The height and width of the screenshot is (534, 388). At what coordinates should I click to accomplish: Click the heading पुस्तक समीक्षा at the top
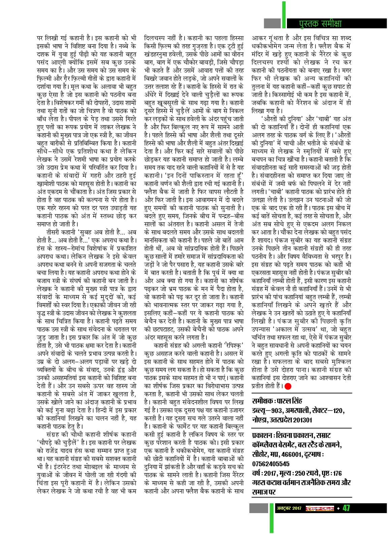pyautogui.click(x=320, y=23)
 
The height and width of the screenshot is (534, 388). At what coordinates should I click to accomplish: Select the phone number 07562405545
pyautogui.click(x=270, y=464)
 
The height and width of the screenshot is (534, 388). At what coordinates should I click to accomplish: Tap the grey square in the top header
pyautogui.click(x=272, y=23)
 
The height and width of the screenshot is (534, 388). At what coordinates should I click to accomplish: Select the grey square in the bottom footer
pyautogui.click(x=258, y=508)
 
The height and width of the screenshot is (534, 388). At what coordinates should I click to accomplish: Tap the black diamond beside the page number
pyautogui.click(x=338, y=508)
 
